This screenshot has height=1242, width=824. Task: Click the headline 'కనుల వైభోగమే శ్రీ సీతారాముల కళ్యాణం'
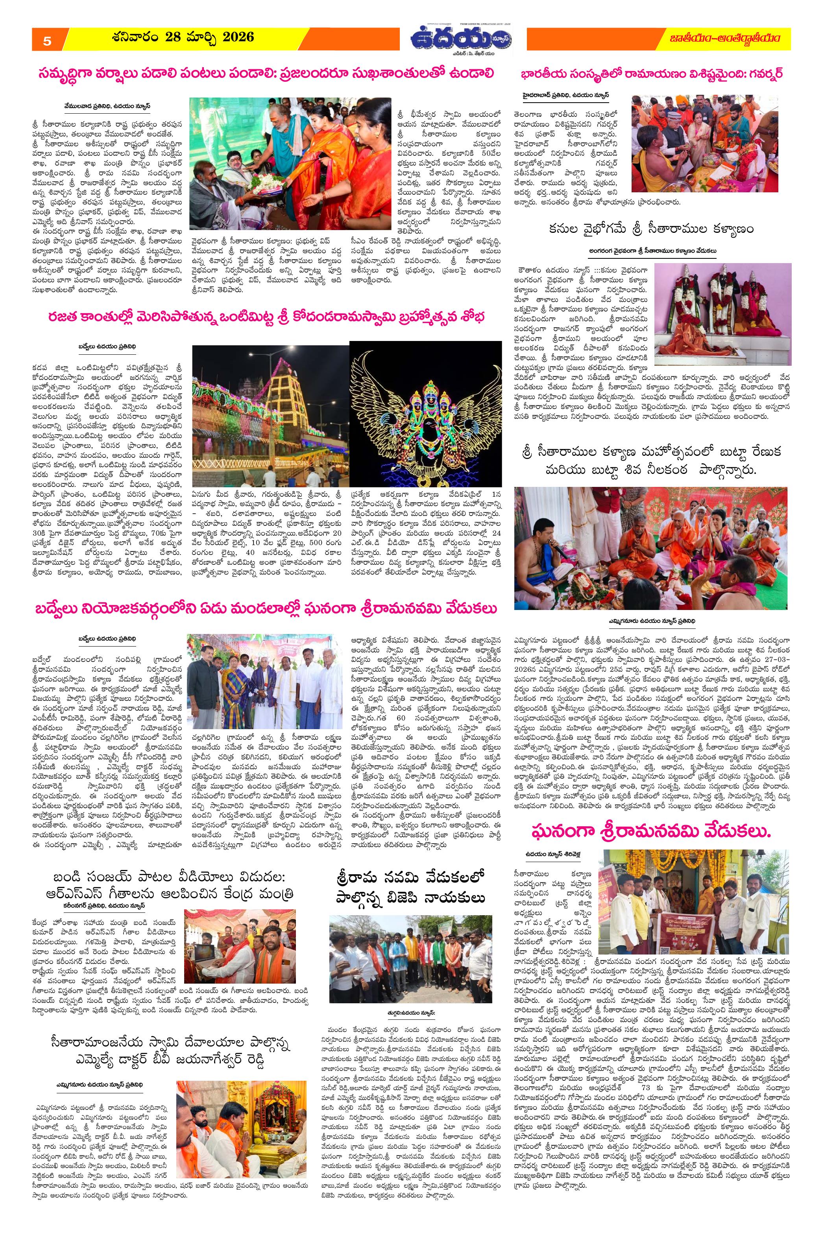pyautogui.click(x=650, y=230)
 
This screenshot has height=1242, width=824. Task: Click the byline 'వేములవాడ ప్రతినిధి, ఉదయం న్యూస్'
pyautogui.click(x=108, y=105)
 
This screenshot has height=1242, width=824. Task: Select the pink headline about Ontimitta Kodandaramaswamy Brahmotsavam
pyautogui.click(x=266, y=318)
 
